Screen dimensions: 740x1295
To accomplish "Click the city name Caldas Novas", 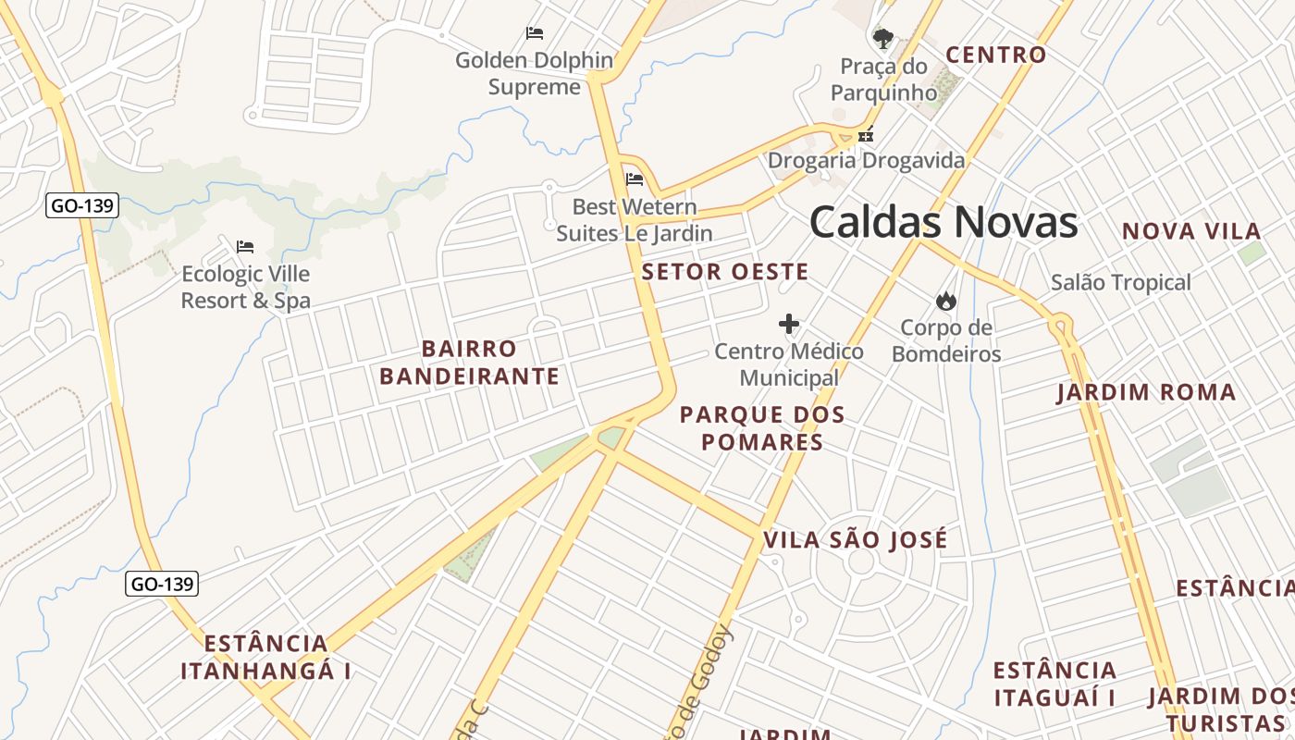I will point(943,223).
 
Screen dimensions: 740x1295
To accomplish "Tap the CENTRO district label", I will point(995,55).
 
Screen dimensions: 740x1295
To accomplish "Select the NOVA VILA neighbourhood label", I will point(1191,231).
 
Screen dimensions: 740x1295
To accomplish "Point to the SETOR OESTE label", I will point(725,272).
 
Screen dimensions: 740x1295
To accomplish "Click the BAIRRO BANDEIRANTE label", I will point(469,363).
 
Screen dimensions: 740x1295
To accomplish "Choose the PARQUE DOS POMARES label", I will point(762,427).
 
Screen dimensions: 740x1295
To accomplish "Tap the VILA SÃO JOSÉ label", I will point(856,540).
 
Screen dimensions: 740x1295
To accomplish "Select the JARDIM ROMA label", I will point(1146,392).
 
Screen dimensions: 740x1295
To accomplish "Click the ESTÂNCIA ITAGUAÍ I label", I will point(1054,684).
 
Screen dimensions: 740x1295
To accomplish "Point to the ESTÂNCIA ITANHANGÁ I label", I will point(265,657).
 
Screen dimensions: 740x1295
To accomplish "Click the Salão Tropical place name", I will point(1120,283).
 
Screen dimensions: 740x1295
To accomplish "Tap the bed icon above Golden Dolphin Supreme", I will point(535,33).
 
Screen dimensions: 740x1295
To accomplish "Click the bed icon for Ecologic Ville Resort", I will point(245,246).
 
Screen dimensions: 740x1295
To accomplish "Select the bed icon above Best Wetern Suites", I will point(635,179).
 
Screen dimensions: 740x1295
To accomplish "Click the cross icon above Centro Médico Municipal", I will point(789,324).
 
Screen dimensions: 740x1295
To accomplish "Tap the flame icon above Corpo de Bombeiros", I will point(945,301).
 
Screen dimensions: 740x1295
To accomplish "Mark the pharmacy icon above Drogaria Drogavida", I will point(866,135).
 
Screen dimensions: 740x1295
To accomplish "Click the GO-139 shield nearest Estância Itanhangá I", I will point(162,584).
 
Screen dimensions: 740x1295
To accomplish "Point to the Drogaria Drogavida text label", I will point(866,161).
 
